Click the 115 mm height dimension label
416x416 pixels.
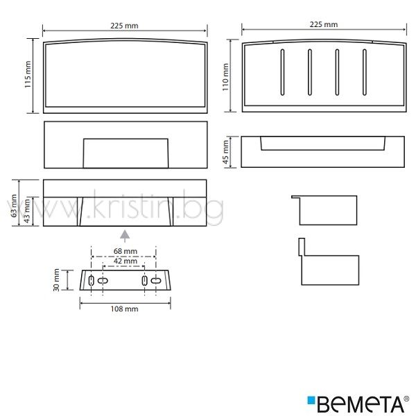[x=28, y=75]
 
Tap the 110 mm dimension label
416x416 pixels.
[x=225, y=77]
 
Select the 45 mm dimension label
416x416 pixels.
[x=225, y=152]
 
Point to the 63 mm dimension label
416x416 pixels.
[x=14, y=206]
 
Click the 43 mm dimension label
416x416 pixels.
[x=27, y=211]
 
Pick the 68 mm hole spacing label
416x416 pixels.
[x=125, y=251]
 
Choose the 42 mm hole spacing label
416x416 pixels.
[x=125, y=261]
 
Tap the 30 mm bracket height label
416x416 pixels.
[x=56, y=280]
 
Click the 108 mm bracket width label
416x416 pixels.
[x=124, y=309]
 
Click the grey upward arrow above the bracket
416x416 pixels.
[x=125, y=236]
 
